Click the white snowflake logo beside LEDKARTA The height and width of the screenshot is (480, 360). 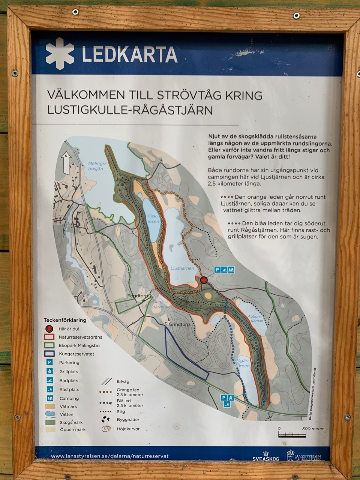coord(60,54)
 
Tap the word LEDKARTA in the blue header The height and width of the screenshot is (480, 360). coord(129,54)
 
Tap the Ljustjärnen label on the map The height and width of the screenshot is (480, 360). coord(182,268)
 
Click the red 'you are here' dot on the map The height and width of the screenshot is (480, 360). coord(204,280)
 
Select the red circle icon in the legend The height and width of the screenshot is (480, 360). coord(49,329)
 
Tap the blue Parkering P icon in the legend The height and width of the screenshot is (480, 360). coord(49,363)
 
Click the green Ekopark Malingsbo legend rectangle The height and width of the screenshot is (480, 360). coord(49,345)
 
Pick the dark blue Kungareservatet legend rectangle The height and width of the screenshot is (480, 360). coord(49,354)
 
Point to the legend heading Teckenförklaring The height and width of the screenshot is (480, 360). coord(65,320)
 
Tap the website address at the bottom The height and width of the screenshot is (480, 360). coord(109,456)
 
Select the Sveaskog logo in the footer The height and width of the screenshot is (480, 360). coord(266,456)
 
